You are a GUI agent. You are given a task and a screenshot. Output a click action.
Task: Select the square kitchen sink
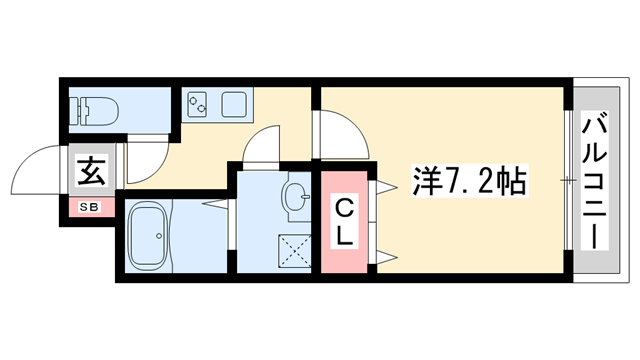point(236,102)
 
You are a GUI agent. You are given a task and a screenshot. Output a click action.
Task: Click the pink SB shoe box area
point(90,208)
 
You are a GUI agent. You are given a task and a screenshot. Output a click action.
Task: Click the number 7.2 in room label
point(469,181)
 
